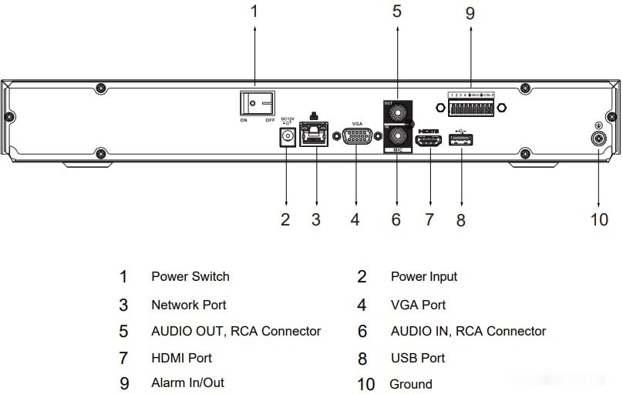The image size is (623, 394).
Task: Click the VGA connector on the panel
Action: pos(357,139)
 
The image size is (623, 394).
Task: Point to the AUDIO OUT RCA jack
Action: pos(397,112)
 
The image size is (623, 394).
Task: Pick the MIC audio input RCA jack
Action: pos(397,139)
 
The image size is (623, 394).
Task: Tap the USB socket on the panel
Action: pos(460,140)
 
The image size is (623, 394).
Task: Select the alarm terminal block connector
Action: pos(470,106)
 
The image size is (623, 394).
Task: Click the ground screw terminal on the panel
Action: pos(599,139)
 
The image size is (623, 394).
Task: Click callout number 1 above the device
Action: pos(255,11)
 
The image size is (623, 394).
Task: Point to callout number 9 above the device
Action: pos(470,13)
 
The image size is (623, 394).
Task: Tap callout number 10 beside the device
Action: pos(599,219)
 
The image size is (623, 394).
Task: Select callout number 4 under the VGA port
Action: pos(355,219)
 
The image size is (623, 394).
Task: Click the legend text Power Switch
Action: pos(190,276)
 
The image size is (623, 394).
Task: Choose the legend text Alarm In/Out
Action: pos(187,382)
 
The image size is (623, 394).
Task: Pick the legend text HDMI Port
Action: pos(181,358)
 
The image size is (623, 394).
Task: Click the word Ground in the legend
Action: pos(411,384)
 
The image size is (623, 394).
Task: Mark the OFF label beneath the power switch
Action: pos(271,121)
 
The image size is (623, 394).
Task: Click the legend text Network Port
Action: pos(189,305)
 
